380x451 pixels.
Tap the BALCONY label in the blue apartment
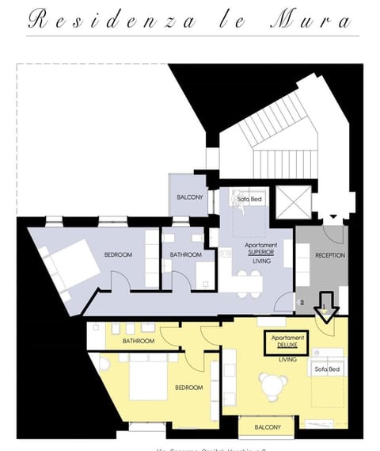[188, 197]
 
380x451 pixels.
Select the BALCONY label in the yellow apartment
[268, 427]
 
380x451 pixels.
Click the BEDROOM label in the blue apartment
[118, 254]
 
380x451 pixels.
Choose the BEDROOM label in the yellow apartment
[189, 388]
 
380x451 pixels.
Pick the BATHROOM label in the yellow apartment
[138, 341]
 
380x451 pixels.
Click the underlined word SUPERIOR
[261, 252]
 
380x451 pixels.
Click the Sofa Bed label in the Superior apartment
[249, 199]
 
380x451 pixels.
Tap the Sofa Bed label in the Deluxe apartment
[327, 369]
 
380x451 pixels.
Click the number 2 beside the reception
[302, 303]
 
